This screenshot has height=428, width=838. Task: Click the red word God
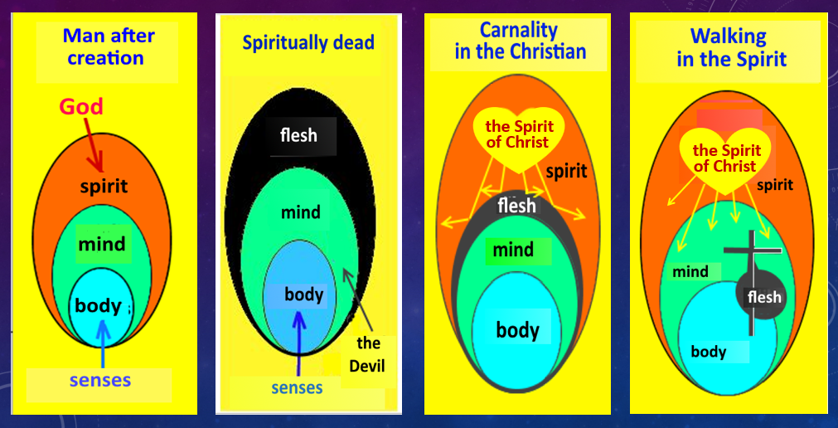(81, 106)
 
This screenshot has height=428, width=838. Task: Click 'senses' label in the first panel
(99, 381)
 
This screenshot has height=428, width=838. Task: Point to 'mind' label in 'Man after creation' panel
(102, 244)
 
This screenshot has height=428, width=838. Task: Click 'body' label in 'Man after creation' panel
(99, 305)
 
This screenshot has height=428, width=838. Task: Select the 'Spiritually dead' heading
(308, 42)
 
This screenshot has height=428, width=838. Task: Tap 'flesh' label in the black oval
(298, 134)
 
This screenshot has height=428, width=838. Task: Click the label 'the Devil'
(368, 353)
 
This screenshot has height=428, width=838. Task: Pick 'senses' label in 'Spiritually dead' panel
(298, 387)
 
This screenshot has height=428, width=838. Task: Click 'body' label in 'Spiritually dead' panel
(304, 294)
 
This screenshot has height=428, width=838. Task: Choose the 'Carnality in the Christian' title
(520, 41)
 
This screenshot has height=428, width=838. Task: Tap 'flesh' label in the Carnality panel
(516, 205)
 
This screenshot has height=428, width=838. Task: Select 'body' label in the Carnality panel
(517, 330)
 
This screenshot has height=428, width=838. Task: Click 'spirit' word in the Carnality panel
(567, 172)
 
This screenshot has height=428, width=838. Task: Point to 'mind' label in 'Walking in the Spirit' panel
(690, 271)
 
